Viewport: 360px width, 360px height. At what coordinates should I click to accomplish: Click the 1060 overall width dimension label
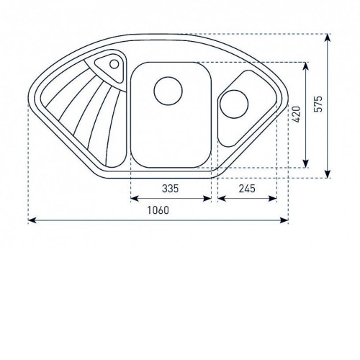click(158, 210)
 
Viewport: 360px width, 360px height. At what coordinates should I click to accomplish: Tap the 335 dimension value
click(170, 189)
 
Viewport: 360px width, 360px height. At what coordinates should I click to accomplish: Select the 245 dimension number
click(247, 189)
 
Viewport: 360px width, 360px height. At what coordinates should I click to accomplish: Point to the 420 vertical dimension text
click(297, 114)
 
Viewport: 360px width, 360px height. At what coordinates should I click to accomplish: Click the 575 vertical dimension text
click(318, 104)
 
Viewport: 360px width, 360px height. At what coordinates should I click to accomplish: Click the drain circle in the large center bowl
click(168, 91)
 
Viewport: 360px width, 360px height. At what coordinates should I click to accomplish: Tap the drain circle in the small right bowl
click(234, 104)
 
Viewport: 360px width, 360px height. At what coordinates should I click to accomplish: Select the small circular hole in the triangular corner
click(114, 64)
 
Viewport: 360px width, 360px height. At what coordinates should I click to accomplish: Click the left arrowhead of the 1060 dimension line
click(32, 220)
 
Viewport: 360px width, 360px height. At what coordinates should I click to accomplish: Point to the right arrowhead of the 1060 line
click(284, 220)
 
